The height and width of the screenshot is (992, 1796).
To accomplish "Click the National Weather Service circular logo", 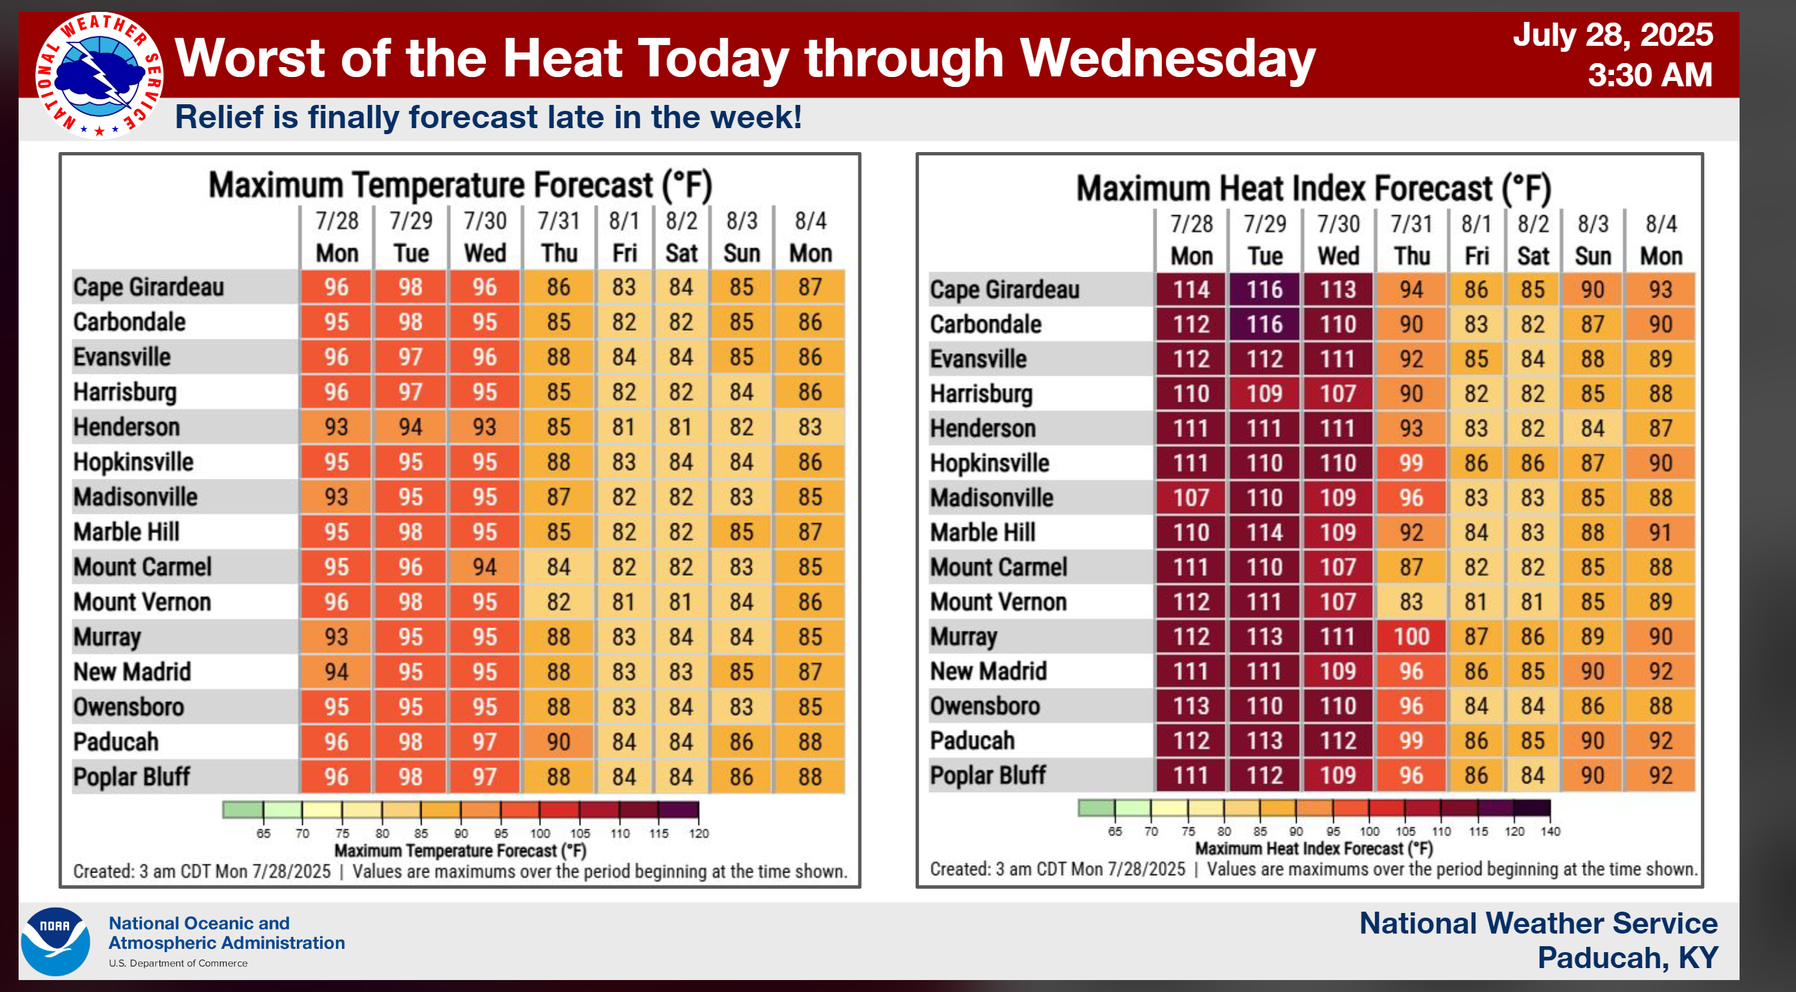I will point(99,75).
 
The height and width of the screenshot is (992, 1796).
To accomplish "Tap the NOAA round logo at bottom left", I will point(55,941).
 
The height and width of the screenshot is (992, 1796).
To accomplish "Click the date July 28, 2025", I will point(1612,35).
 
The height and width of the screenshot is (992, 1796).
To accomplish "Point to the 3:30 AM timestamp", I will point(1649,74).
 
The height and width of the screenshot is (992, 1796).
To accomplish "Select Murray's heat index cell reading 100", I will point(1411,637).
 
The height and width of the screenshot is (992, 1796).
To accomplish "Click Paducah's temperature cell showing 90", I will point(558,742).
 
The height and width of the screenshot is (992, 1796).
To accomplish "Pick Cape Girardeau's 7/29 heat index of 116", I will point(1264,289).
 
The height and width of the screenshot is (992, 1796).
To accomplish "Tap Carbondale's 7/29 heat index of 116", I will point(1264,324).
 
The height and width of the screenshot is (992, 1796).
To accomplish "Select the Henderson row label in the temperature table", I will point(127,427).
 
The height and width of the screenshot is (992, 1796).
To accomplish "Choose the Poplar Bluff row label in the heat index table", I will point(987,775).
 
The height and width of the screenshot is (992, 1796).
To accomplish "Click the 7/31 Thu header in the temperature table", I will point(558,237).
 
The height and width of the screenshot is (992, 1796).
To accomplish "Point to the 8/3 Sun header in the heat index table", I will point(1592,240).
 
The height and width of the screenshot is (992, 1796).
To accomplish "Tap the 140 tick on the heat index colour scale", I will point(1550,831).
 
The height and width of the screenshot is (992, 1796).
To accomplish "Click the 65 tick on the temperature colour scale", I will point(264,833).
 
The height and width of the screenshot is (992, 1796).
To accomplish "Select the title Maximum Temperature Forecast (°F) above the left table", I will point(460,185).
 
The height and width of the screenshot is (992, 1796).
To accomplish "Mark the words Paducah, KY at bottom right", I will point(1627,958).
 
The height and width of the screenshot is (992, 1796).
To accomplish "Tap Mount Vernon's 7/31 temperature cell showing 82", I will point(558,602).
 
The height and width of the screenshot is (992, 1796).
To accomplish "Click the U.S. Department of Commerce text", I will point(178,963).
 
